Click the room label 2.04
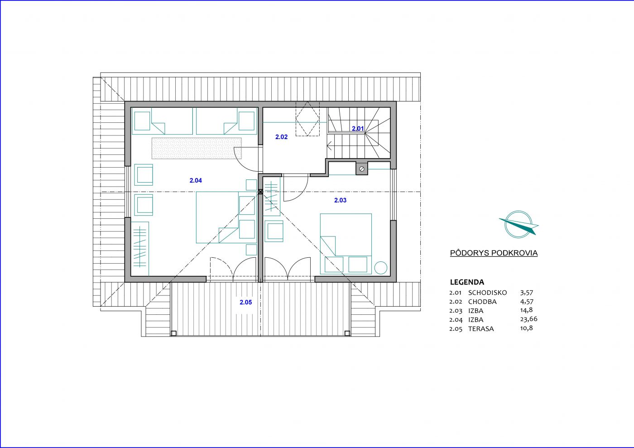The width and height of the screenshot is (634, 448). [x=196, y=180]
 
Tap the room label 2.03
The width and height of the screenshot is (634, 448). [x=340, y=200]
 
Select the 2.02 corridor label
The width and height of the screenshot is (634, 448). [x=281, y=137]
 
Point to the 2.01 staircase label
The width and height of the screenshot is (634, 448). [x=358, y=129]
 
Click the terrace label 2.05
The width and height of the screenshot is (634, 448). [x=245, y=302]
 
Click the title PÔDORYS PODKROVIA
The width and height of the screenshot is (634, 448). [x=494, y=253]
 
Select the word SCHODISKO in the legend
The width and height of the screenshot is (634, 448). [x=487, y=293]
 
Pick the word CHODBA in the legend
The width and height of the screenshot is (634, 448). [x=482, y=302]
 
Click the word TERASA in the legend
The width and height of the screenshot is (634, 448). [x=481, y=329]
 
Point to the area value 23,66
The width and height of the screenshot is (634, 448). [x=529, y=319]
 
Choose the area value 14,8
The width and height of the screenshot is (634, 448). [x=526, y=310]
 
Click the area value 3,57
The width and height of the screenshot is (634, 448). [x=527, y=293]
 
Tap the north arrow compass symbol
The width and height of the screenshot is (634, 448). [x=519, y=224]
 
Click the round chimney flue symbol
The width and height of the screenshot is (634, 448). [x=362, y=169]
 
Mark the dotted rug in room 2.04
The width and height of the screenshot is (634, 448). [x=197, y=149]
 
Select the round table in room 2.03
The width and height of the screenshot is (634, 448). [x=381, y=268]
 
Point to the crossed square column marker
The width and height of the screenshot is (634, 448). [x=260, y=192]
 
